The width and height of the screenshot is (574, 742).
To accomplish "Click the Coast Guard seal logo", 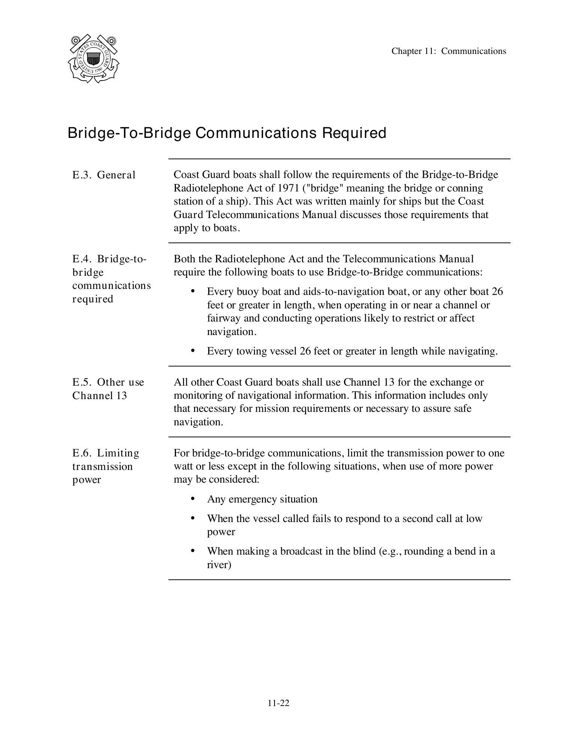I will [x=93, y=59].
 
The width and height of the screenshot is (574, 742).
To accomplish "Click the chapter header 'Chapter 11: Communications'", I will [x=449, y=51].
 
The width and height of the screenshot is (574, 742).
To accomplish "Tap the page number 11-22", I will [x=278, y=703].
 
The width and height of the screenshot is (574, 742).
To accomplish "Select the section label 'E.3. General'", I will [x=104, y=175].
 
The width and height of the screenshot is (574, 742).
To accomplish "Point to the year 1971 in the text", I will [x=288, y=188].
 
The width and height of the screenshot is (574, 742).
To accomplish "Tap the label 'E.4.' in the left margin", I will [x=82, y=259].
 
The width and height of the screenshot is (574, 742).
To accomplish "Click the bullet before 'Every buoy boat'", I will [x=193, y=291].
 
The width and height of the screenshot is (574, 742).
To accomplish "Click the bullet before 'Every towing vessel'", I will [x=193, y=351].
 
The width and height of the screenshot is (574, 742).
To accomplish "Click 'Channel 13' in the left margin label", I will [x=100, y=396].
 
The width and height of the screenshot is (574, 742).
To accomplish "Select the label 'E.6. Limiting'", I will [x=106, y=453].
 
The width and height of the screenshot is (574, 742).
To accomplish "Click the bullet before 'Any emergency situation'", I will [x=193, y=499].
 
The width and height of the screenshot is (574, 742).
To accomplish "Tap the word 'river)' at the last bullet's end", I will [x=219, y=565].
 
